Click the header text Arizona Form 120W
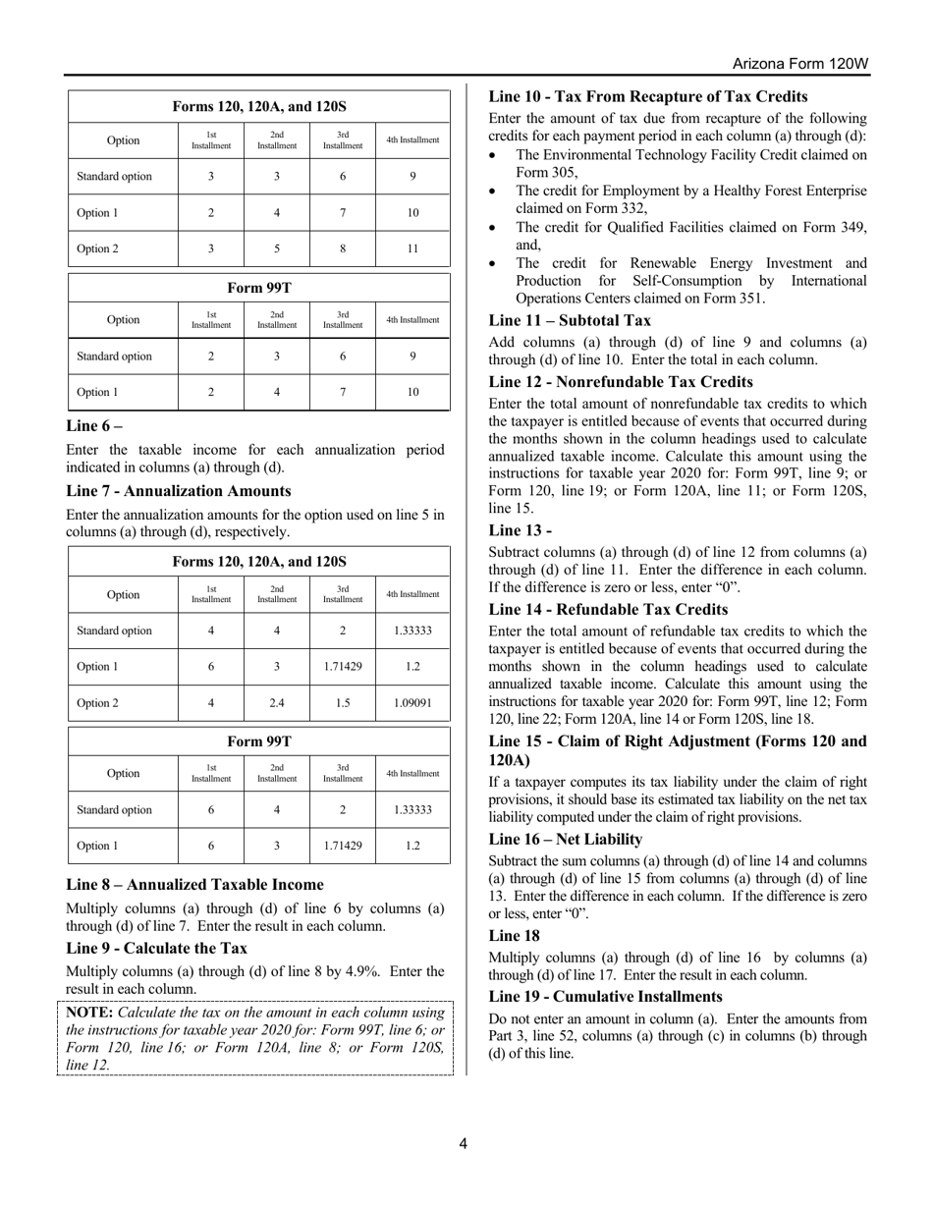800,64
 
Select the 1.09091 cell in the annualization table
412,703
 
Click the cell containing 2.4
276,703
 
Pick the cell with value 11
412,248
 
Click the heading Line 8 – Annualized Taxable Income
194,884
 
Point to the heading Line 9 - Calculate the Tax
156,948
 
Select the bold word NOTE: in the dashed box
89,1012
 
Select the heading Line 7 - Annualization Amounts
178,490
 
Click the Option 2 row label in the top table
97,248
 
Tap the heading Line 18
514,935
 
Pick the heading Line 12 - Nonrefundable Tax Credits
621,381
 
